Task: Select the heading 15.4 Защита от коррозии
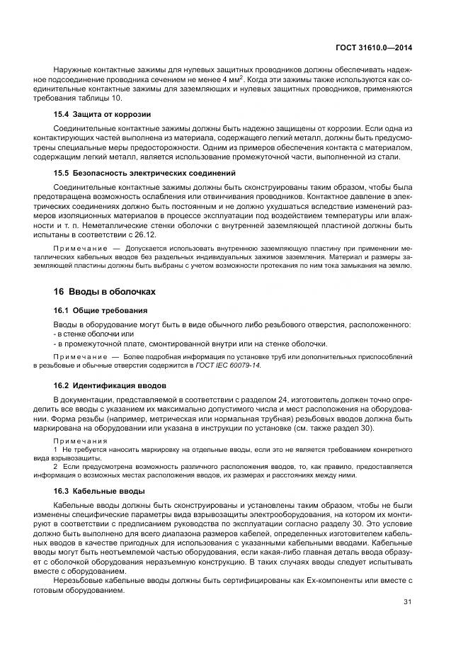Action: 102,114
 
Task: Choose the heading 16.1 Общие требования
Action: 101,310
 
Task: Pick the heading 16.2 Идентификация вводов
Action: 110,386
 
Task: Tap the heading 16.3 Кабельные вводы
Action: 99,491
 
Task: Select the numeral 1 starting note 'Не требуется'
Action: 57,449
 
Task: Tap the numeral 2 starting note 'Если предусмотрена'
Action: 57,467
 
